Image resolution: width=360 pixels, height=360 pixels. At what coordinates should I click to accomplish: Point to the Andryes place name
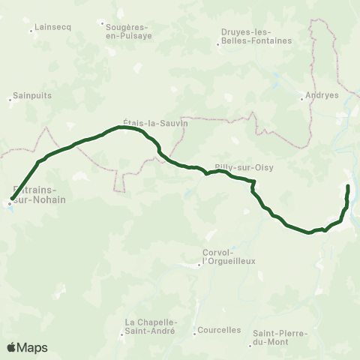(x=323, y=96)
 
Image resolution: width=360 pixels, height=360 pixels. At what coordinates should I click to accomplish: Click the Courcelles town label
(x=219, y=330)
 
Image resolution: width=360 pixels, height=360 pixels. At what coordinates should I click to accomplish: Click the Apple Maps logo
(x=27, y=347)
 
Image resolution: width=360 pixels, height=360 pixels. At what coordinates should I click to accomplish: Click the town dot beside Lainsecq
(x=31, y=31)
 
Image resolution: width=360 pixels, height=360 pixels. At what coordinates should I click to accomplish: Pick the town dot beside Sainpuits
(x=10, y=98)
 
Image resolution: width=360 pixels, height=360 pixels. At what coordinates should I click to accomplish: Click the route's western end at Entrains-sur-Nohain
(x=10, y=202)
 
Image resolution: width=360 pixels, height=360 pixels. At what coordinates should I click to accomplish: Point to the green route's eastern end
(x=349, y=184)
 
